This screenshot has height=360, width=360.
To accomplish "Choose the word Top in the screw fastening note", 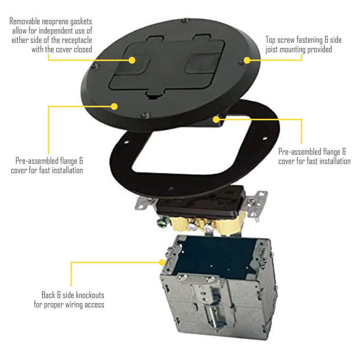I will point(272,40).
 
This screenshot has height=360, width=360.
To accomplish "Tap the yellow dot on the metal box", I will point(162,261).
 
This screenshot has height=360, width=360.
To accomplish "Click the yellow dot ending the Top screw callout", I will point(247,60).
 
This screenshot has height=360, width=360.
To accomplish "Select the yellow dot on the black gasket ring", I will point(216,119).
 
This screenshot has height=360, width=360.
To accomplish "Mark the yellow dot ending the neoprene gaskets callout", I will point(132,60).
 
